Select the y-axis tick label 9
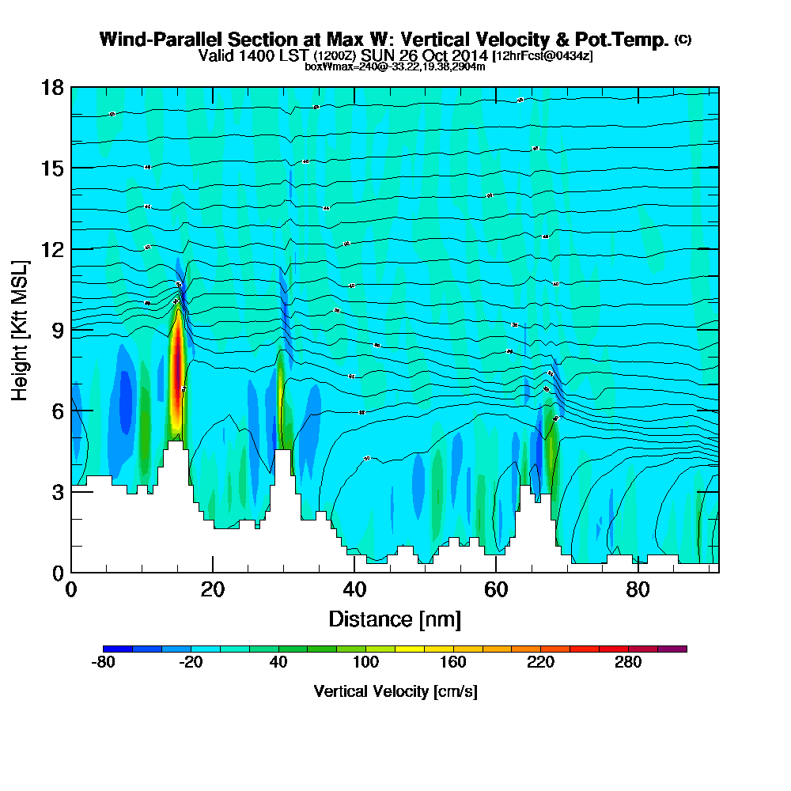tap(57, 330)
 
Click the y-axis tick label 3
tap(57, 492)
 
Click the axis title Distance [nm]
tap(395, 619)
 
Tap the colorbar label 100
tap(365, 663)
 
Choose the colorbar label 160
tap(452, 663)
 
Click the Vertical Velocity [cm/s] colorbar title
tap(395, 691)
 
